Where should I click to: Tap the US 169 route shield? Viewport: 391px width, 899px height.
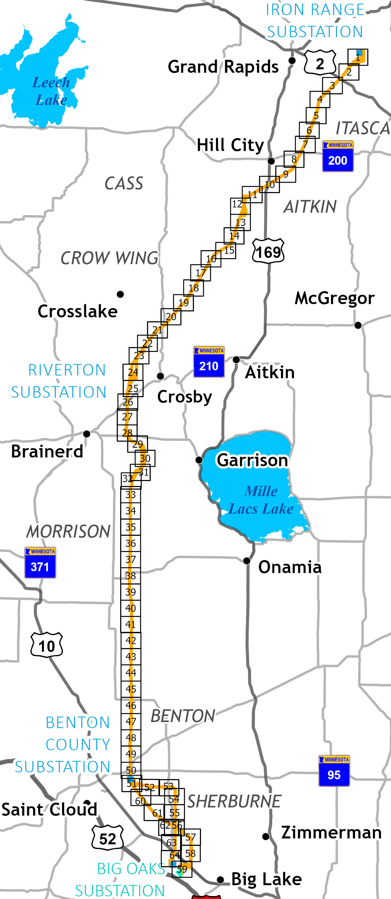pyautogui.click(x=268, y=251)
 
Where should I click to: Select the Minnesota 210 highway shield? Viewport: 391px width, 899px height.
pyautogui.click(x=209, y=362)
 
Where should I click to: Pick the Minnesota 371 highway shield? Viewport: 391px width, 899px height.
pyautogui.click(x=40, y=563)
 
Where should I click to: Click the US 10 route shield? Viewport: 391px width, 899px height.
pyautogui.click(x=47, y=645)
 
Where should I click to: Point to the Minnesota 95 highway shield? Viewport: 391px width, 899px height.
pyautogui.click(x=334, y=771)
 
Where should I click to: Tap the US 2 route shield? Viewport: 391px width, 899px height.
pyautogui.click(x=320, y=63)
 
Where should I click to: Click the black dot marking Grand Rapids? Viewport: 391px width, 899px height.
pyautogui.click(x=292, y=61)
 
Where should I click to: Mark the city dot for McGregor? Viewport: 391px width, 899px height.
pyautogui.click(x=358, y=325)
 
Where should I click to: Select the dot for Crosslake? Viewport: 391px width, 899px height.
pyautogui.click(x=120, y=294)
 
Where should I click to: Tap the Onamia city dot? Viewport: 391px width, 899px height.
pyautogui.click(x=247, y=561)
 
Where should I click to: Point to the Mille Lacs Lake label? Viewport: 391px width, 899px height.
pyautogui.click(x=261, y=500)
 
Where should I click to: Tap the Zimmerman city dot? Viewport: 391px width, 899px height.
pyautogui.click(x=266, y=836)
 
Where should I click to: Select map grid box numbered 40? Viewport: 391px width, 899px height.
pyautogui.click(x=131, y=608)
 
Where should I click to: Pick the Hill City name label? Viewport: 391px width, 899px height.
pyautogui.click(x=230, y=145)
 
